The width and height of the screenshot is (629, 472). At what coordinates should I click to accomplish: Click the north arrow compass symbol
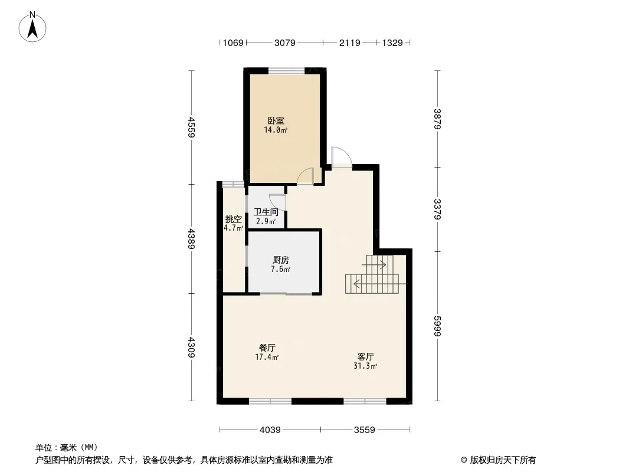(32, 27)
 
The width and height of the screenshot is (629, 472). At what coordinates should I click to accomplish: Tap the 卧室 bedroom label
(276, 121)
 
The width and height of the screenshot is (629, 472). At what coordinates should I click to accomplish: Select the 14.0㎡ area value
(276, 130)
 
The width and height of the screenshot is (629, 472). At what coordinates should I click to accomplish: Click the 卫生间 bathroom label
(266, 212)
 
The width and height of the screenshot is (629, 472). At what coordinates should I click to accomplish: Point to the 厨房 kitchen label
(281, 260)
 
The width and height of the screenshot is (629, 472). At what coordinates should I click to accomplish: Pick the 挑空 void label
(234, 219)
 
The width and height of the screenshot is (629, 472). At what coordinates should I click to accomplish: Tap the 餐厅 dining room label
(267, 348)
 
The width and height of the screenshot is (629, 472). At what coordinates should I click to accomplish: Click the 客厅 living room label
(365, 356)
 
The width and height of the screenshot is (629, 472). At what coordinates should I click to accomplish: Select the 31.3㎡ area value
(365, 366)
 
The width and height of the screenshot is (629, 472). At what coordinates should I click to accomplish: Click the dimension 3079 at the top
(285, 42)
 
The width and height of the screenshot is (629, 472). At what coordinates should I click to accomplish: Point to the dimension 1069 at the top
(233, 42)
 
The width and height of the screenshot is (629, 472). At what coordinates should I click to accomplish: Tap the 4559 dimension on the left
(191, 127)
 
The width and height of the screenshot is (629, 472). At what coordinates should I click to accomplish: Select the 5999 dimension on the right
(438, 326)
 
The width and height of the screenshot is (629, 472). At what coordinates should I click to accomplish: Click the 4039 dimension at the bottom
(270, 430)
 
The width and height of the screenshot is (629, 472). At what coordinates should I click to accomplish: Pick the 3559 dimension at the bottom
(364, 430)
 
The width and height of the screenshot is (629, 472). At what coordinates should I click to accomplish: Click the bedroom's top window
(286, 71)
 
